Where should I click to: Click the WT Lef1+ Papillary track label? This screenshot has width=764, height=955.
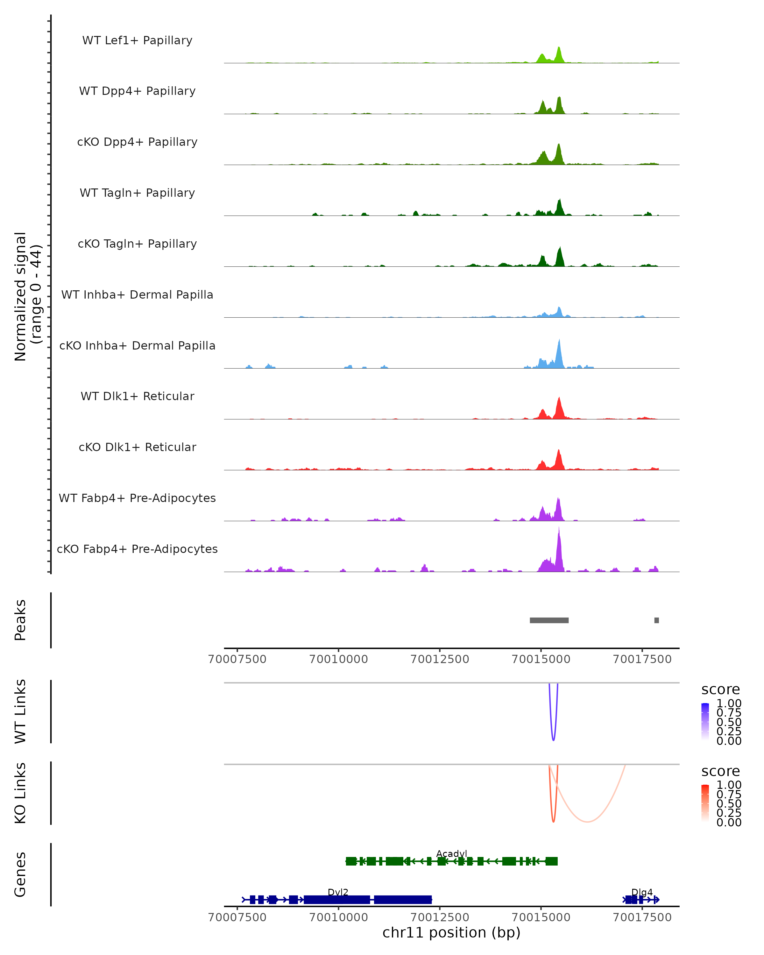[137, 40]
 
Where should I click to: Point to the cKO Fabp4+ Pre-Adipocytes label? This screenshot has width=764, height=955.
[137, 549]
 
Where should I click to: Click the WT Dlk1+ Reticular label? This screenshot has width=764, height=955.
[137, 396]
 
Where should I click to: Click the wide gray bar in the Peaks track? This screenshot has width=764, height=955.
[549, 620]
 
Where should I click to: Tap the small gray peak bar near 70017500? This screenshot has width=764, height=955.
[656, 620]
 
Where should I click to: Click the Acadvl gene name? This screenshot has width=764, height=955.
[451, 853]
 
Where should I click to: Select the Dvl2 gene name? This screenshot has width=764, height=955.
[338, 892]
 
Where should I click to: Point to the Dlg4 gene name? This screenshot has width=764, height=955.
[642, 892]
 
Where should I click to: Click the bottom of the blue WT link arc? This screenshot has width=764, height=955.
[553, 740]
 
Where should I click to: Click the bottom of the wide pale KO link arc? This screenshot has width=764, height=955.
[587, 822]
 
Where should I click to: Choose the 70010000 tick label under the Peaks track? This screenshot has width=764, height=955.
[338, 659]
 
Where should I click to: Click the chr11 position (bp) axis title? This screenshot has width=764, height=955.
[451, 933]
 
